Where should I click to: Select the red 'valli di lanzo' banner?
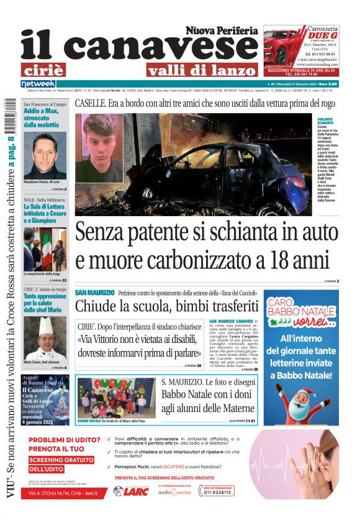(x=200, y=70)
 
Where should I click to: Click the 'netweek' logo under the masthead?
(x=38, y=84)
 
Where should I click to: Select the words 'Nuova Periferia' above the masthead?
(x=221, y=30)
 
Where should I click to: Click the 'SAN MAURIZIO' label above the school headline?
(x=94, y=292)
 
